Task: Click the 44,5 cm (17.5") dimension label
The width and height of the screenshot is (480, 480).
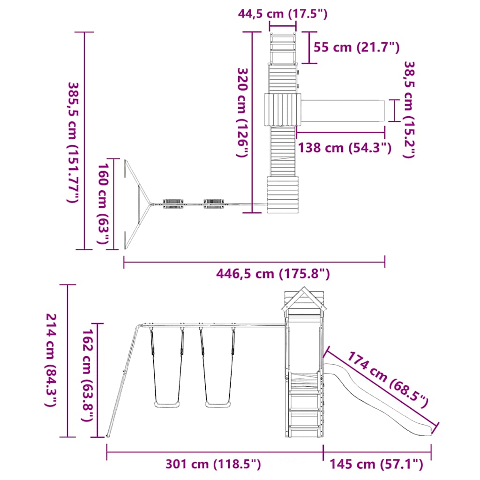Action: (x=283, y=14)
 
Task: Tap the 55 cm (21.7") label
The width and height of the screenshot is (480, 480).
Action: (x=357, y=47)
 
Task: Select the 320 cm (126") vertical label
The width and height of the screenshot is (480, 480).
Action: (x=242, y=112)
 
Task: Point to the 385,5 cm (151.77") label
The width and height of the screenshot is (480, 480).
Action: (x=73, y=142)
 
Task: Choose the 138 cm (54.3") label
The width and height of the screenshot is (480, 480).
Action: (x=345, y=148)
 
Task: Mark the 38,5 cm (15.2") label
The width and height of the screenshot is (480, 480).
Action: (x=409, y=110)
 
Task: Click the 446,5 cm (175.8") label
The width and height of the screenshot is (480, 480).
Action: (x=273, y=274)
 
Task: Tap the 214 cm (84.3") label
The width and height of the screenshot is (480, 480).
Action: (x=51, y=360)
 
